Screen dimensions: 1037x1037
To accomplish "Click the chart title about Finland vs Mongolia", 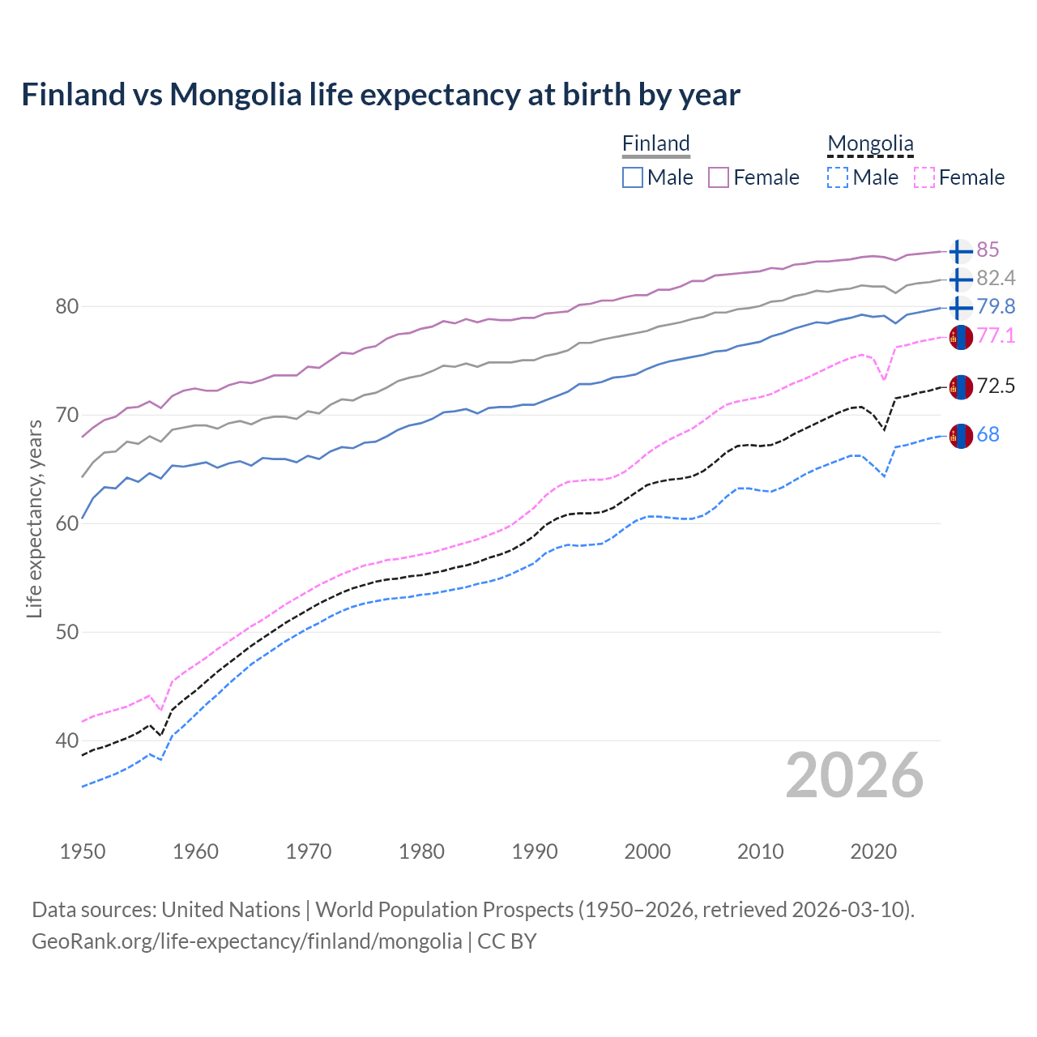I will [x=380, y=95].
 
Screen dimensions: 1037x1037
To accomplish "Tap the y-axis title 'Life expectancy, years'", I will [x=34, y=518].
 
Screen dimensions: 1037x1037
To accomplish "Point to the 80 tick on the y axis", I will [x=67, y=306].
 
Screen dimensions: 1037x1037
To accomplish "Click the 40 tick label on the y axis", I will [x=67, y=740].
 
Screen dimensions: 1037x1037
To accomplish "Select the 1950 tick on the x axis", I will [x=83, y=851].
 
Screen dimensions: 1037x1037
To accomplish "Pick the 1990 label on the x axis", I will [x=535, y=851].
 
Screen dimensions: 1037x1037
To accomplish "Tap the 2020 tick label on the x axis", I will [x=873, y=851].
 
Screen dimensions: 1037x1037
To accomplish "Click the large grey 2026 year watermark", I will [x=855, y=775].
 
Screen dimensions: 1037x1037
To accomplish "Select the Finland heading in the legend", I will [x=656, y=143].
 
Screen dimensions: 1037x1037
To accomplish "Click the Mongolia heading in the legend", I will [x=870, y=143].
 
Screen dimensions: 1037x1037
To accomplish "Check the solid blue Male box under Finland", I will [x=633, y=177].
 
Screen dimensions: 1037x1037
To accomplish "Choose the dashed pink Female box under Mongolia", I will [x=924, y=177].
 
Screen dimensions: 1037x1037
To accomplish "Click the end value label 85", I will [x=988, y=250].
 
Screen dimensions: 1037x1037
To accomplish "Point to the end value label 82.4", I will [x=996, y=278].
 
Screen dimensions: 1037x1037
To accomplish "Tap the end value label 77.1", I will [x=996, y=335].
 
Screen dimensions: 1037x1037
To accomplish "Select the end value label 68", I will [x=988, y=434].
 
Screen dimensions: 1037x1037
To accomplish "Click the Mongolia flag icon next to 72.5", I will [x=960, y=386].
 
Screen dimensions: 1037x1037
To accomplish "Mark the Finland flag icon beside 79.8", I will [x=960, y=307].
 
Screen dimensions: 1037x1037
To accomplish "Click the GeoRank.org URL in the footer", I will [x=246, y=941].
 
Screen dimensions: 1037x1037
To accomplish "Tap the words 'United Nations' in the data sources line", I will [x=231, y=910].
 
